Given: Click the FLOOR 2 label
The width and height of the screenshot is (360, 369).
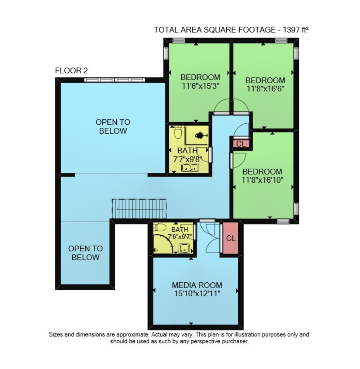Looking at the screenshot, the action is (71, 70).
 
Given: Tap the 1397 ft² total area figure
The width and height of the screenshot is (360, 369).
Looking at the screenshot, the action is (295, 30).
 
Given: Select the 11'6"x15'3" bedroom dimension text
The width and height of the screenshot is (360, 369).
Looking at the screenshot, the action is (200, 86).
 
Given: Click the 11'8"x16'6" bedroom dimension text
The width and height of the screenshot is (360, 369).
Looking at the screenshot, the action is (265, 89).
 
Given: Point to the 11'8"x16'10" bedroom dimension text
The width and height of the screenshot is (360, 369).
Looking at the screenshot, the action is (262, 180).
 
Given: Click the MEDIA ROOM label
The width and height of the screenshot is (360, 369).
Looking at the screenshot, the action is (197, 285).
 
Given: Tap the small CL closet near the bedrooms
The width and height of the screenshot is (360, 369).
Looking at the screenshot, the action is (241, 144).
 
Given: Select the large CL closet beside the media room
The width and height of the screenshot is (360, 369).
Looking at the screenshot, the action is (231, 238).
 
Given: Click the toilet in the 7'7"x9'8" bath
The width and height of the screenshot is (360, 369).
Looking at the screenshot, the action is (178, 132).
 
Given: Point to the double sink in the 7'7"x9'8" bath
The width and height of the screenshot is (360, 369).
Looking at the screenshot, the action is (190, 168).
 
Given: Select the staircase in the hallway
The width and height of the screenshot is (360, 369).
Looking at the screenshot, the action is (139, 209).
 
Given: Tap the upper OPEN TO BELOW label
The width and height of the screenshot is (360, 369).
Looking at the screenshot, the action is (113, 126).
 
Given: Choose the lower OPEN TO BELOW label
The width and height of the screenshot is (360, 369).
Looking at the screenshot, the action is (85, 253).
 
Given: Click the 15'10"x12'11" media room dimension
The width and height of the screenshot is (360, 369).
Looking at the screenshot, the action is (197, 294).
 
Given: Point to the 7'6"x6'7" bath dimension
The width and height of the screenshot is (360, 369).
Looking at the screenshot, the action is (180, 236).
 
